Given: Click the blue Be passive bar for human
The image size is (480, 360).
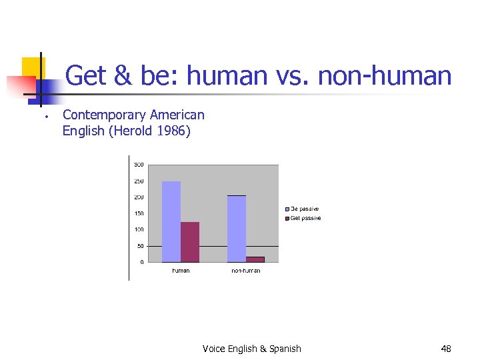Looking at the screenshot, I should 171,221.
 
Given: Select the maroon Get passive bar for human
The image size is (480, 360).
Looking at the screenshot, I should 190,242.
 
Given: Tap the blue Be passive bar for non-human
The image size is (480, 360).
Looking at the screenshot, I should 237,229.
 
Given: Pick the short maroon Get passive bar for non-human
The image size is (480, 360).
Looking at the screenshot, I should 255,259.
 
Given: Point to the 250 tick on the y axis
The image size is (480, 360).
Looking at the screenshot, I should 139,181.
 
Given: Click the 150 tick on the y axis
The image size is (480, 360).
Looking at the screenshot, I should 139,213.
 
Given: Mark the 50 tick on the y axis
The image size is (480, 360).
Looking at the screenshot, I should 140,246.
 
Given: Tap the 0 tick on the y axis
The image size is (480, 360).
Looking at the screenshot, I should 141,262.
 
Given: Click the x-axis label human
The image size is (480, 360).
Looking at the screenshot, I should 181,271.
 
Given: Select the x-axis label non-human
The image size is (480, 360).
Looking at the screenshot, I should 246,271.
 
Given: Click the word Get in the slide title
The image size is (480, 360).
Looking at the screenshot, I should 88,76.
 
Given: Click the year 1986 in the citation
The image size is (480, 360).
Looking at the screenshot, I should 171,131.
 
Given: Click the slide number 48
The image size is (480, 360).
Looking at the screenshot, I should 446,349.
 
